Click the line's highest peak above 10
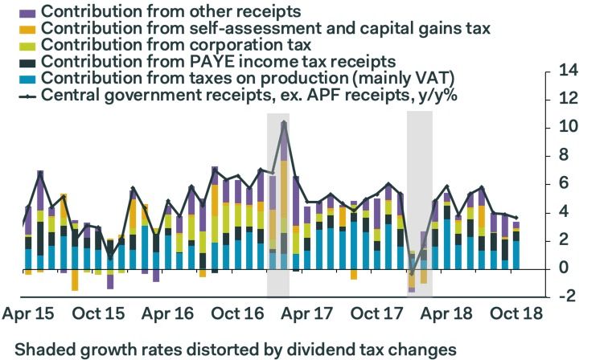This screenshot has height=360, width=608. click(x=284, y=123)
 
